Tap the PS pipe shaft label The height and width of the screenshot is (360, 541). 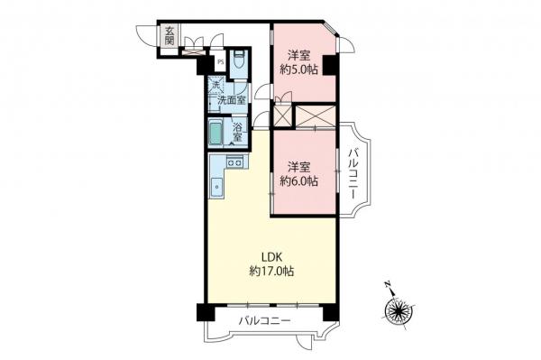220,63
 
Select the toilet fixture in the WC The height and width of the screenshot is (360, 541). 239,63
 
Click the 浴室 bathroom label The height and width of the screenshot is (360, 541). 239,133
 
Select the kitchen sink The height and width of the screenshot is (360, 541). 217,188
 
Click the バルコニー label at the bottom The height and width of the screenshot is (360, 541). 264,322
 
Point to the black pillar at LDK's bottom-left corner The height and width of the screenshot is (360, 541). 203,312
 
